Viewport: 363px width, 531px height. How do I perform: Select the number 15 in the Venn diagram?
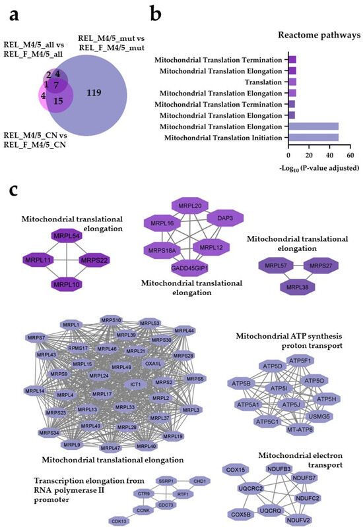pos(59,101)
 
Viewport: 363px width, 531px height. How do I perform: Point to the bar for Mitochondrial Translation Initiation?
pos(314,137)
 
